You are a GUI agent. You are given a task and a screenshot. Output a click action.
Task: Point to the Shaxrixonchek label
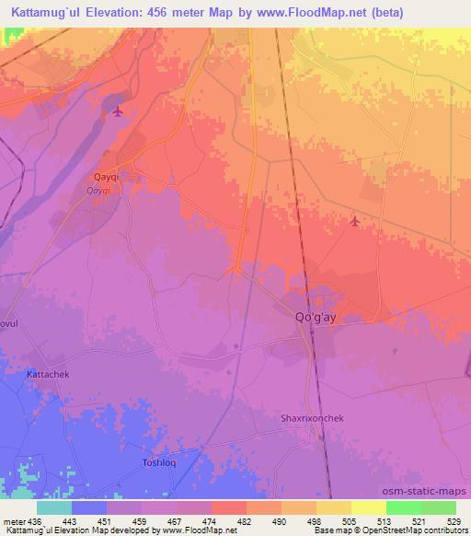(x=312, y=417)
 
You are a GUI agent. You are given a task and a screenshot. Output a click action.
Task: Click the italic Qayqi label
(x=98, y=190)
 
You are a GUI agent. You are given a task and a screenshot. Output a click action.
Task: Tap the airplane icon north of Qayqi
(x=117, y=112)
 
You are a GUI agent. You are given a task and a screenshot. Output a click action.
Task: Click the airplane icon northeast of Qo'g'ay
(x=356, y=220)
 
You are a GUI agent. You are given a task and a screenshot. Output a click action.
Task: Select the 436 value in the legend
(x=36, y=520)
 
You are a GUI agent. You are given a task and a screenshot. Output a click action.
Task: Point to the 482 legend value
(x=246, y=520)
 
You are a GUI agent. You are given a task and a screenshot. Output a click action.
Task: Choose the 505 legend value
(x=350, y=520)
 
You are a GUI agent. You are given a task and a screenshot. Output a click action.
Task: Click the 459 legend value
(x=141, y=520)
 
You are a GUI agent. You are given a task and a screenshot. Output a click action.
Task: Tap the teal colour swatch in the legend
(x=53, y=507)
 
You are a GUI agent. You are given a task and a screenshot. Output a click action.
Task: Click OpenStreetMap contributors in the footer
(x=421, y=530)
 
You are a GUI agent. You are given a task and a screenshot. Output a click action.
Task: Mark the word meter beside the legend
(x=14, y=520)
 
